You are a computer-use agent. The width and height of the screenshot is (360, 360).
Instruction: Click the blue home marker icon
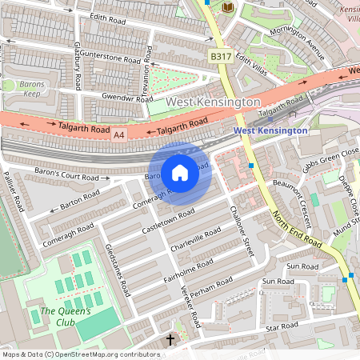tap(180, 172)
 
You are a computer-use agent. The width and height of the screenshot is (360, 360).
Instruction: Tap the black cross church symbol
tap(170, 341)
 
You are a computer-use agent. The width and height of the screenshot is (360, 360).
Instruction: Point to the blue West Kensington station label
tap(270, 130)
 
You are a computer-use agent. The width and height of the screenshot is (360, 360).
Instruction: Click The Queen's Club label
tap(66, 316)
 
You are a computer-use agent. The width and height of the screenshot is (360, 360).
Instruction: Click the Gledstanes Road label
tap(117, 270)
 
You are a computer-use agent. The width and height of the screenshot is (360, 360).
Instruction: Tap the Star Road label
tap(282, 326)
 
